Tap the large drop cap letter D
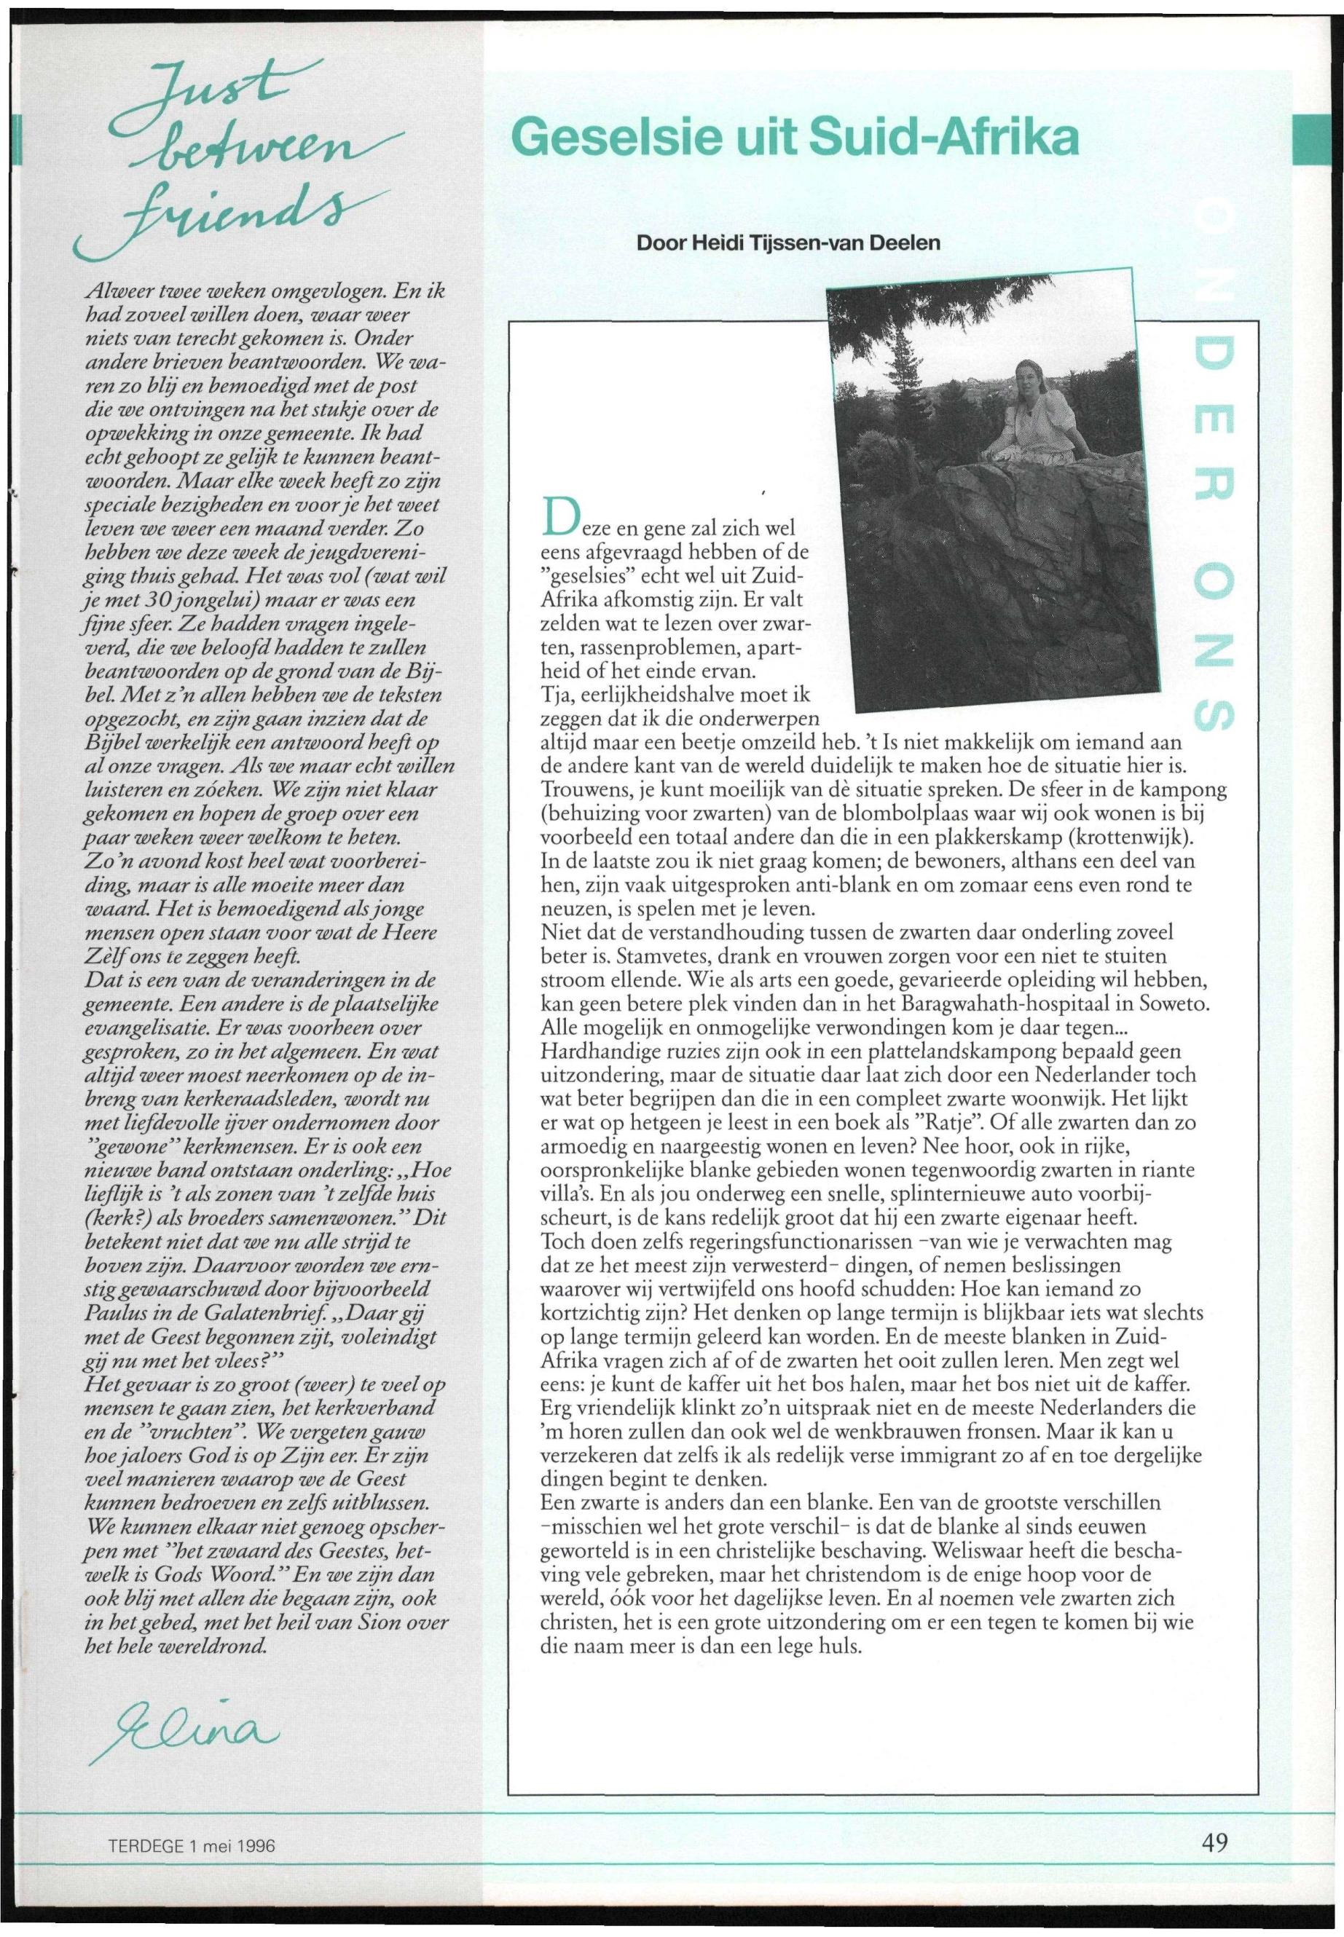click(562, 517)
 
